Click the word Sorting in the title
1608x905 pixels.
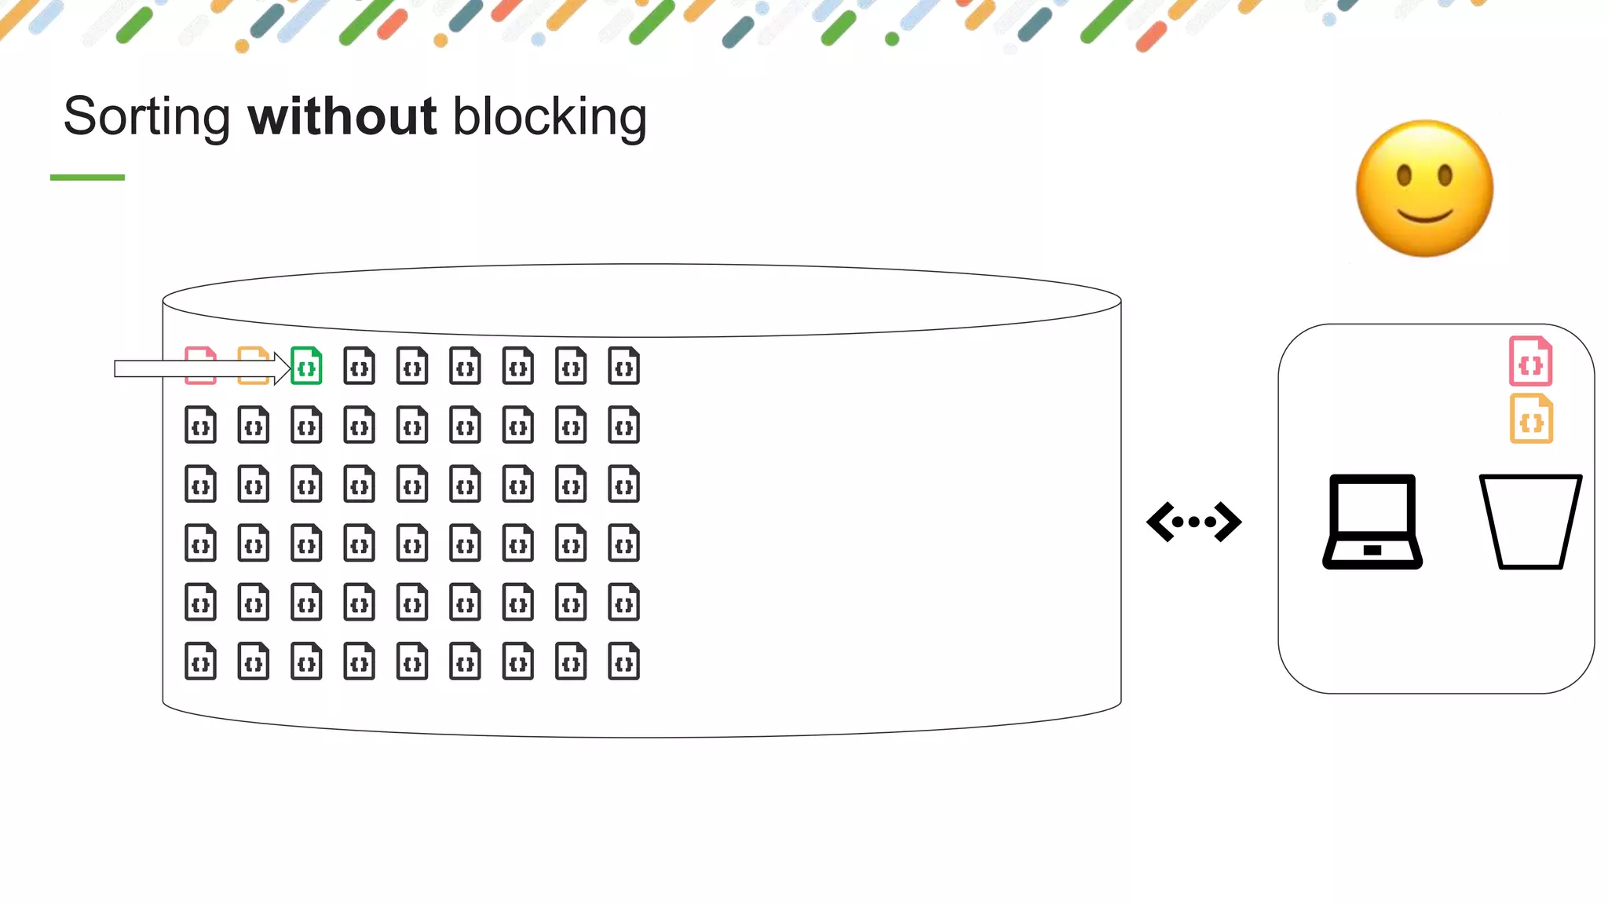coord(147,117)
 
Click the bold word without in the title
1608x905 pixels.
coord(342,117)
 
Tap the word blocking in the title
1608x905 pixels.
coord(550,117)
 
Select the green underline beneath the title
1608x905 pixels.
coord(87,178)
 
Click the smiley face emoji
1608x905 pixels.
coord(1424,189)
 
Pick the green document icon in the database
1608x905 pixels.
coord(306,366)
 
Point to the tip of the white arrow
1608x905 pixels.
coord(289,368)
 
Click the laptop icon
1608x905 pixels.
coord(1372,522)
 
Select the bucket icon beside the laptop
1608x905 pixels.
coord(1530,522)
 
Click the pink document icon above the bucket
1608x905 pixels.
coord(1530,361)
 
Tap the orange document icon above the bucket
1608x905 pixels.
coord(1531,420)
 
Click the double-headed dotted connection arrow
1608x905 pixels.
coord(1194,522)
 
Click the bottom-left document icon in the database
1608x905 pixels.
coord(201,661)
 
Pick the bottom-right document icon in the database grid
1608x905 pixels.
coord(624,661)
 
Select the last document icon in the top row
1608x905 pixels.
coord(624,366)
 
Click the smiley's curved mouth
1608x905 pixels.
coord(1425,216)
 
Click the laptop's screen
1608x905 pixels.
coord(1372,506)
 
